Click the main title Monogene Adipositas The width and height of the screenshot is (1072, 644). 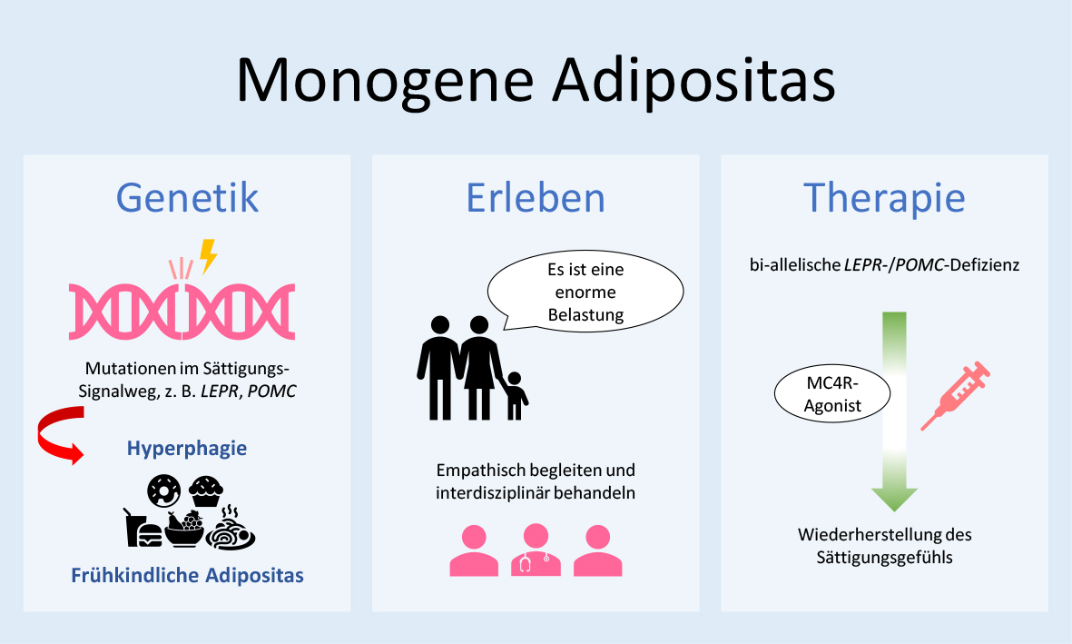536,80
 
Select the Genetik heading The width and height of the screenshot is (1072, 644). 187,197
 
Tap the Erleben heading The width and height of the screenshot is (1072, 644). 536,197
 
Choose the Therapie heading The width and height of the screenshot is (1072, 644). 884,197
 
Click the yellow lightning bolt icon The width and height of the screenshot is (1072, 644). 209,256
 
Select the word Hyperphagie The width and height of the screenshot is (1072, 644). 187,449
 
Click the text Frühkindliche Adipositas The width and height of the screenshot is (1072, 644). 187,575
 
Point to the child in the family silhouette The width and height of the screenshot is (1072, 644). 516,395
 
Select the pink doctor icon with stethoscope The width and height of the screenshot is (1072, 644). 536,550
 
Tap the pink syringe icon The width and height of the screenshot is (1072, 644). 955,394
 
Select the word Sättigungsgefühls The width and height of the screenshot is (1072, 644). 885,558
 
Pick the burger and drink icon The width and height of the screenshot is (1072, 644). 143,528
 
